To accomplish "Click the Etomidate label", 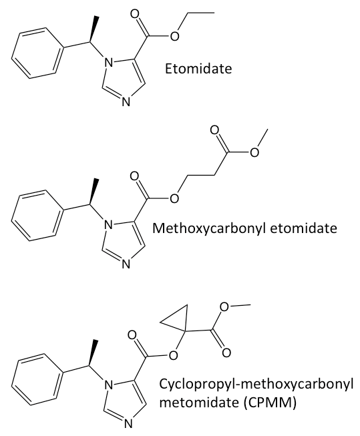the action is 198,68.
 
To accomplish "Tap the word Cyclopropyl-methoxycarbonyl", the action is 256,385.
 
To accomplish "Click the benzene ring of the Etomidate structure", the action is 37,53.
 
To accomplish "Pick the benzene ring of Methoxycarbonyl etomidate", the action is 37,215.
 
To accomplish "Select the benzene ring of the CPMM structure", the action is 37,379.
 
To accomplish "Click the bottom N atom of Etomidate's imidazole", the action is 126,102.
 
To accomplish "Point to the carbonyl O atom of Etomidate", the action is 135,14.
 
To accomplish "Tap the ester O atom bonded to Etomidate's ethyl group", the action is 174,36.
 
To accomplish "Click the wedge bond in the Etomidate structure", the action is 93,29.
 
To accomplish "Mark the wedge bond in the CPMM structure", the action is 93,353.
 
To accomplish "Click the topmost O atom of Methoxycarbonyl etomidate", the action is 214,130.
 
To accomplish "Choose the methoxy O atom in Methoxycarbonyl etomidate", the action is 254,152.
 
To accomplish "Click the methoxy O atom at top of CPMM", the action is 224,307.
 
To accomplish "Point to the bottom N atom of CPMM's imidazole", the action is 127,425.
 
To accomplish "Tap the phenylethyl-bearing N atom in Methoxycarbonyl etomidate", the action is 108,224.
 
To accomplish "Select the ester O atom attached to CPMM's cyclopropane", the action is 173,355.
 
